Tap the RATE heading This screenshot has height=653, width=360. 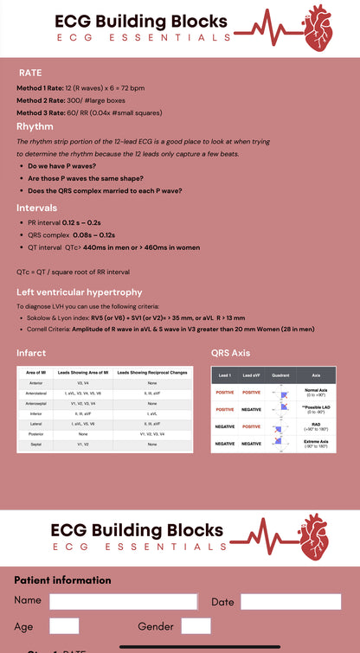tap(30, 73)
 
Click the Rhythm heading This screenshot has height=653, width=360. tap(35, 126)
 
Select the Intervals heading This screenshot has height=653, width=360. tap(37, 208)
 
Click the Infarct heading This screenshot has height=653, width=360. tap(31, 353)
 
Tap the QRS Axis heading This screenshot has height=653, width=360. tap(230, 353)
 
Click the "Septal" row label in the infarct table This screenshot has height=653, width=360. tap(36, 444)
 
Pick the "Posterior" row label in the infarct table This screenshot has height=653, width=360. tap(36, 434)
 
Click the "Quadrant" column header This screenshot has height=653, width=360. tap(280, 376)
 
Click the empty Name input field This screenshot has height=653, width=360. tap(123, 602)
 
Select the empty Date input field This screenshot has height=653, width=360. tap(290, 602)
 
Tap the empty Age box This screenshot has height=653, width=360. tap(64, 626)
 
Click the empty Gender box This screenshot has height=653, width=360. tap(196, 626)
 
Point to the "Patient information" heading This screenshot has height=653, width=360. tap(62, 580)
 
